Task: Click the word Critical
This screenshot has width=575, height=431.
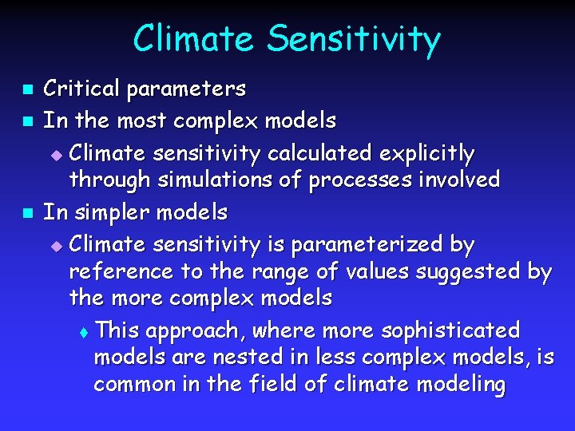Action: pos(78,88)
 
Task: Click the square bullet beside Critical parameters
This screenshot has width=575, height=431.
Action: pos(26,88)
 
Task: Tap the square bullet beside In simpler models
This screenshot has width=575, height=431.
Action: pos(26,213)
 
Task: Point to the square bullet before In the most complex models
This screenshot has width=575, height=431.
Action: pos(26,122)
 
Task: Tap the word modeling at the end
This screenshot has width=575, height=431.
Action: pos(459,385)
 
